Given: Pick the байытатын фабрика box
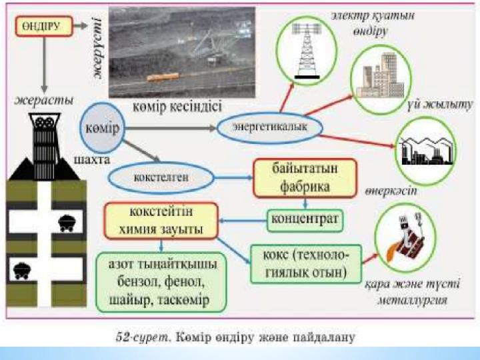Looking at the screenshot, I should (x=305, y=178).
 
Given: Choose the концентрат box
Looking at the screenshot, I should (x=305, y=219).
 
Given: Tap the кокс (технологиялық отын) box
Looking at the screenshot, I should (x=305, y=261).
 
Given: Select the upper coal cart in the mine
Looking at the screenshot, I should (x=66, y=223).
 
